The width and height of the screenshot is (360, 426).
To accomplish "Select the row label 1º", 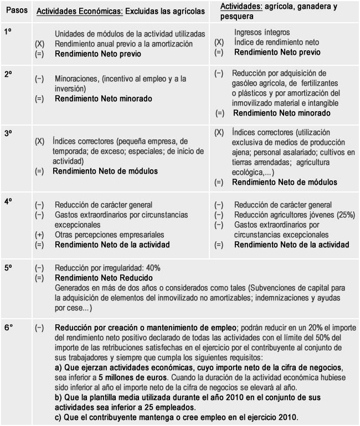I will pos(8,33).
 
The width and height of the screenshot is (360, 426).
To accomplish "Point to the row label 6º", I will pos(8,328).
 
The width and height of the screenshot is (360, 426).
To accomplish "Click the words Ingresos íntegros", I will pos(262,33).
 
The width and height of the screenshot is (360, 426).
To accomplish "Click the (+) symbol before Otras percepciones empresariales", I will pos(39,235).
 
